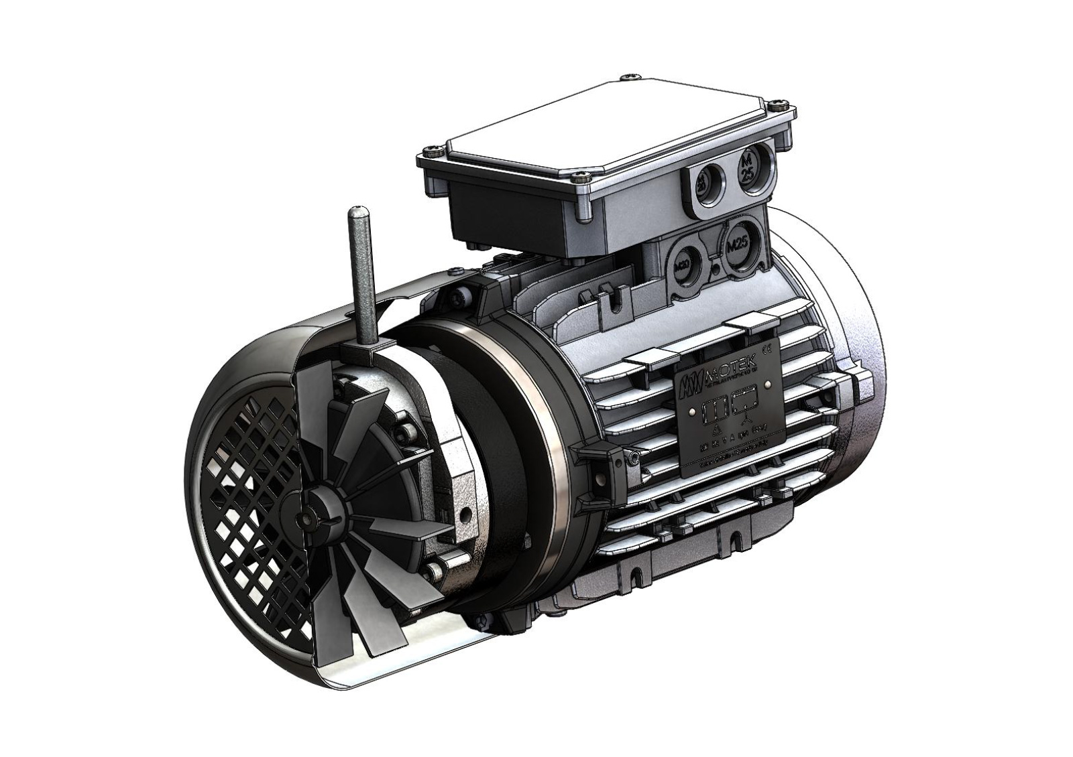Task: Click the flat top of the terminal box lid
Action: click(604, 124)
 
